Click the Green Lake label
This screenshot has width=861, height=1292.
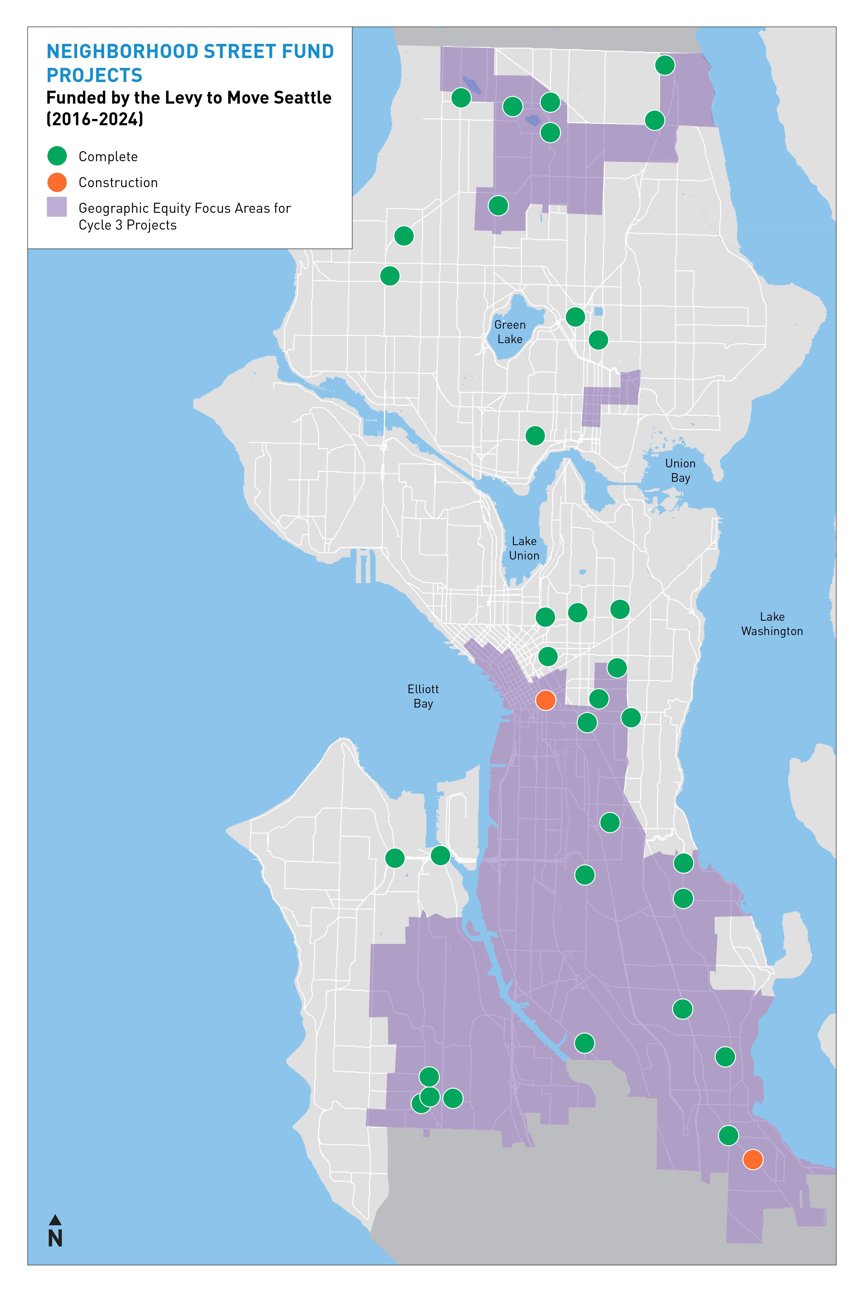pyautogui.click(x=510, y=332)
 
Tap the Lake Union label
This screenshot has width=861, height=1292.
pyautogui.click(x=524, y=548)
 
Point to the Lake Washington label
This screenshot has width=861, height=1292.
pyautogui.click(x=772, y=624)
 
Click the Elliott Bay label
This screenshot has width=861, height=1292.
pyautogui.click(x=423, y=696)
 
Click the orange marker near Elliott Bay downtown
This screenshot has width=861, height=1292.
pyautogui.click(x=545, y=700)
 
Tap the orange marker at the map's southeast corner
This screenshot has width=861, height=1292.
pyautogui.click(x=752, y=1159)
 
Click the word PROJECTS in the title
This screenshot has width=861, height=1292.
pyautogui.click(x=95, y=75)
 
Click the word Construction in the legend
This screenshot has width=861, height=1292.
pyautogui.click(x=118, y=182)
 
